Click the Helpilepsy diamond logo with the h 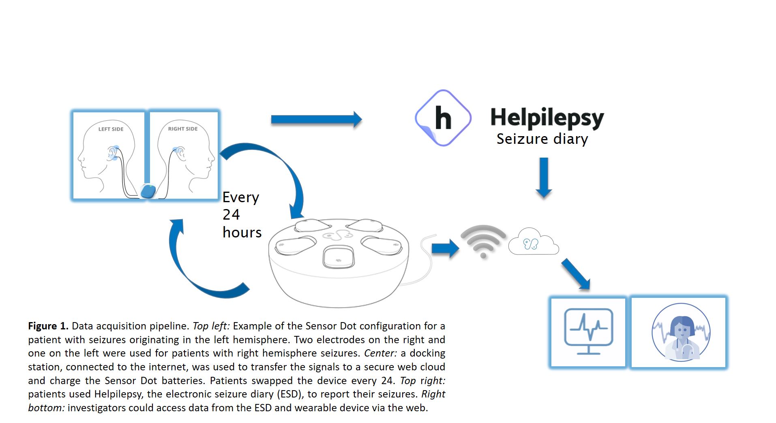point(443,118)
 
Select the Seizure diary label point(542,139)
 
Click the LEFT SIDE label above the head point(111,129)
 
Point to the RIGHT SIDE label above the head point(183,128)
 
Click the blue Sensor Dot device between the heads point(148,191)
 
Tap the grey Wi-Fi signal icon point(483,241)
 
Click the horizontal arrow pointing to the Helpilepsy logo point(316,120)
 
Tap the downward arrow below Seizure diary point(544,177)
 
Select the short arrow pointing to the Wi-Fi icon point(445,248)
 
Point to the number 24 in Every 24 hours point(231,214)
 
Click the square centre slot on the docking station point(338,257)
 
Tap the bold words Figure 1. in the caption point(48,326)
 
